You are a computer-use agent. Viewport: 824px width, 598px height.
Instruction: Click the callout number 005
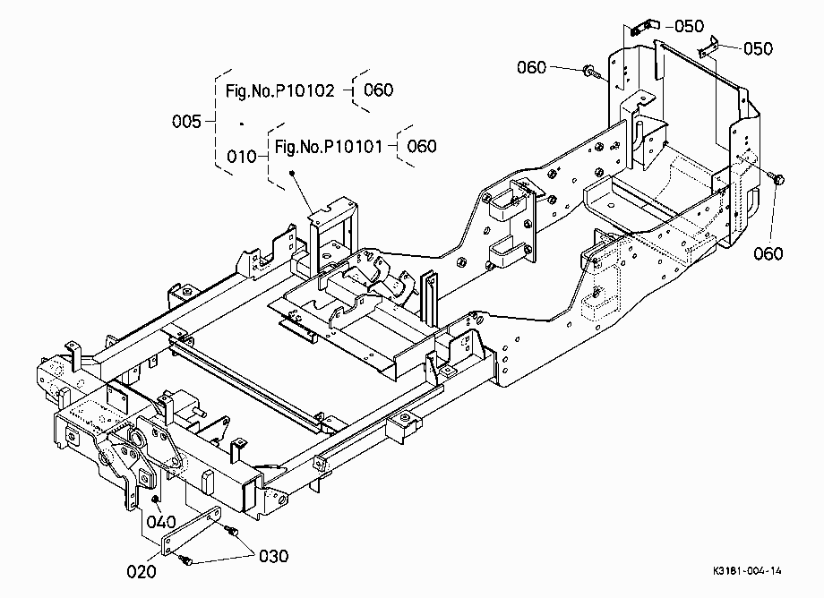[x=186, y=121]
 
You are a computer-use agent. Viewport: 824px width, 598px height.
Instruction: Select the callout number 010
[x=241, y=157]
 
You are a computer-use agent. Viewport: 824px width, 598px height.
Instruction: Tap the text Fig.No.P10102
[x=280, y=90]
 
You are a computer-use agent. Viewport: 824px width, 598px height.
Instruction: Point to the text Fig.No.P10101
[x=329, y=147]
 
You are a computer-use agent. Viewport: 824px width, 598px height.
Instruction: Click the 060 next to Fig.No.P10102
[x=378, y=90]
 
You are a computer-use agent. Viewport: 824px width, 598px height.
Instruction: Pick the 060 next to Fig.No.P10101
[x=422, y=146]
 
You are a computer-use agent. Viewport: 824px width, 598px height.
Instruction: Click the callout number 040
[x=161, y=522]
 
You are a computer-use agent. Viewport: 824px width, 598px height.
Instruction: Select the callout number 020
[x=142, y=571]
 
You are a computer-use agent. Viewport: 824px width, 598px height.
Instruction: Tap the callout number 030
[x=273, y=556]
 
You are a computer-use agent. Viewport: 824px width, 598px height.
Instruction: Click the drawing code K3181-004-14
[x=747, y=571]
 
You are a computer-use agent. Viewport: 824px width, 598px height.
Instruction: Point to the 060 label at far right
[x=768, y=253]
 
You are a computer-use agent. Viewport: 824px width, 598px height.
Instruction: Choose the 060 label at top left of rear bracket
[x=531, y=67]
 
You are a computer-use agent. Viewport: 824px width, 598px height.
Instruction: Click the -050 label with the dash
[x=685, y=26]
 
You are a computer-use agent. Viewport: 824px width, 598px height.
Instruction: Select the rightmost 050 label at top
[x=758, y=48]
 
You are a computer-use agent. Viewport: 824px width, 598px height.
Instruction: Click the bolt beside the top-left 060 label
[x=592, y=72]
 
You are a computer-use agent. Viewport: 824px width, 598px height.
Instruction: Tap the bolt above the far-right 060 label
[x=777, y=178]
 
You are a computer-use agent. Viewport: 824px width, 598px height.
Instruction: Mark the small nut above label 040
[x=155, y=498]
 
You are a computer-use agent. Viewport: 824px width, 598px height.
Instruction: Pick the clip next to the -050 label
[x=644, y=28]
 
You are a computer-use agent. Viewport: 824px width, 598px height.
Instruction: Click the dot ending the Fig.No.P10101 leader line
[x=292, y=173]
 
